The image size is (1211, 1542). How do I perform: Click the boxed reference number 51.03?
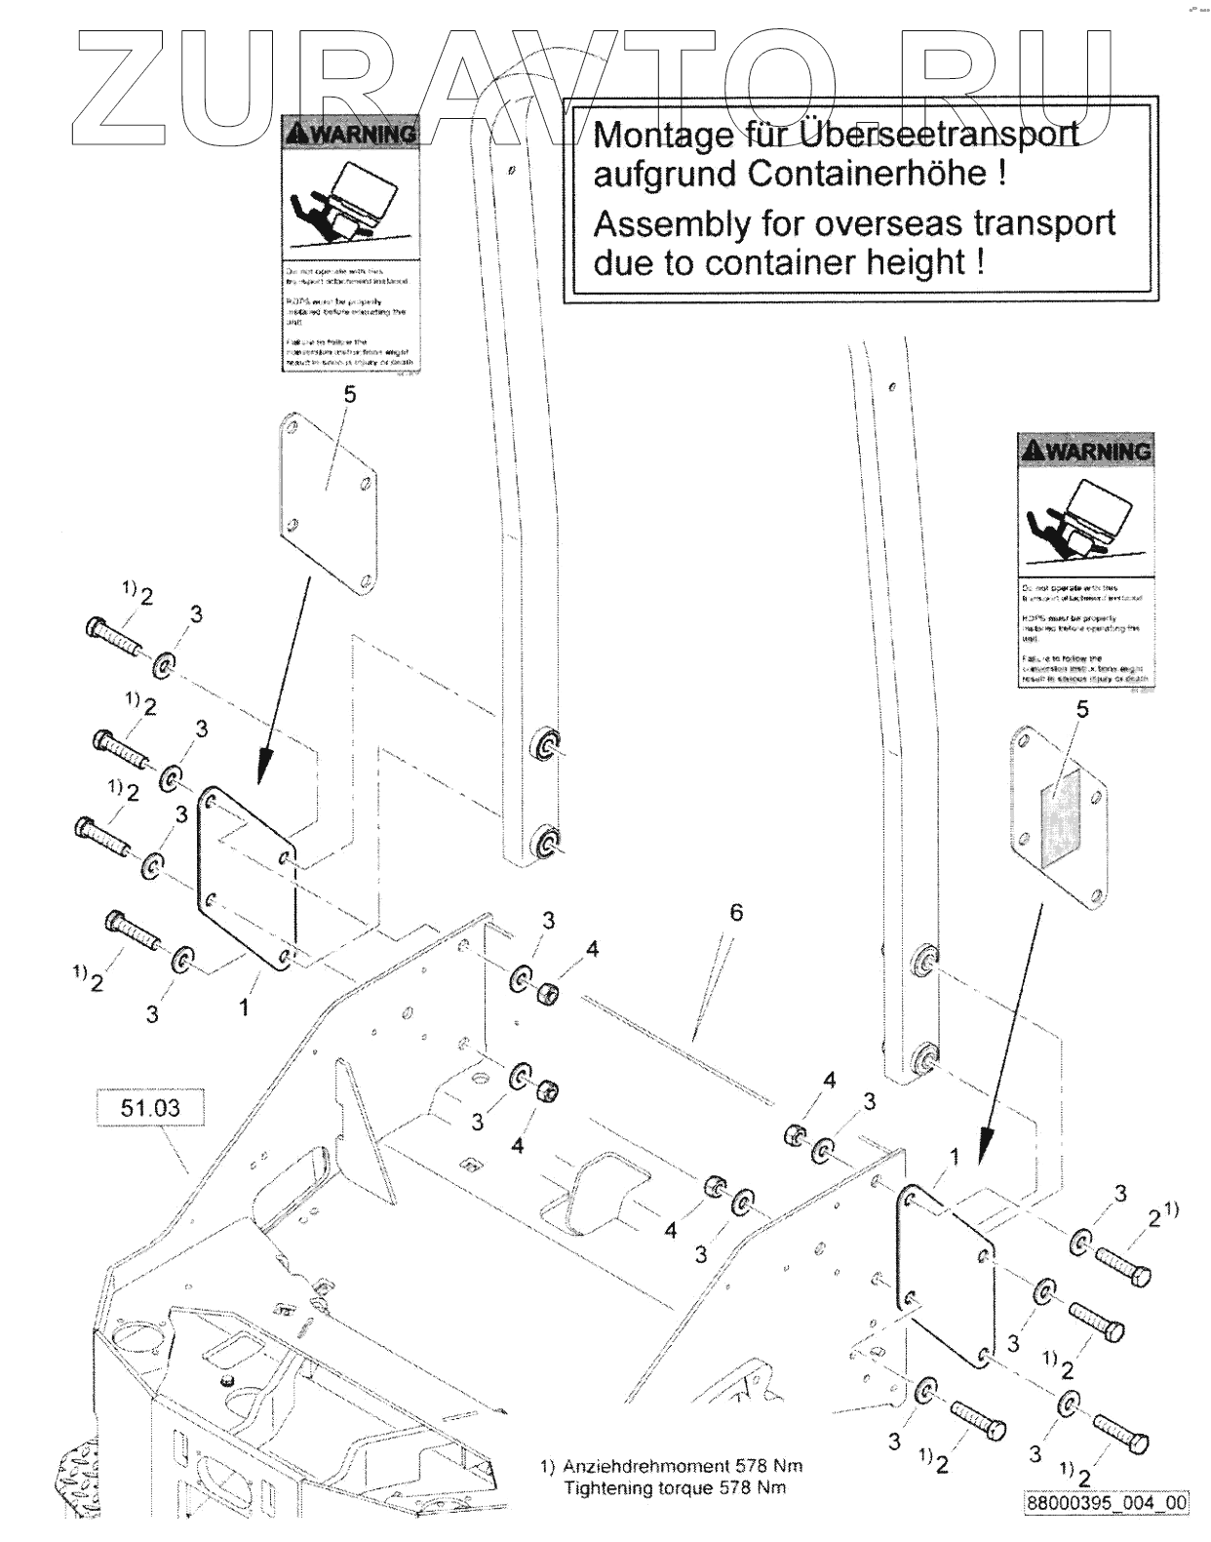pos(150,1108)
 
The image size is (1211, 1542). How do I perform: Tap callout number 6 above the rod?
pos(735,912)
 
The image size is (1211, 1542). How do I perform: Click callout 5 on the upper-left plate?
pos(350,395)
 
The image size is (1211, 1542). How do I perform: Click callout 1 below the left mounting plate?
pos(244,1007)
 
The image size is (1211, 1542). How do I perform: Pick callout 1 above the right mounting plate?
pos(955,1157)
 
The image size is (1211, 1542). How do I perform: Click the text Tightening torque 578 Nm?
pos(675,1487)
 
